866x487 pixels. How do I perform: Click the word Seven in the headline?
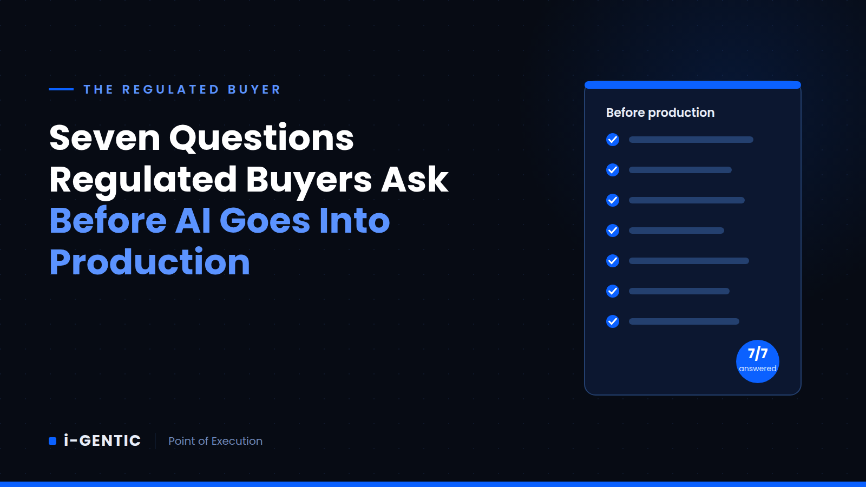105,137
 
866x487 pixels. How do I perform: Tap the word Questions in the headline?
261,137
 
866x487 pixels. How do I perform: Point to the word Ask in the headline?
415,179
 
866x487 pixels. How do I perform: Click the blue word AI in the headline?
193,220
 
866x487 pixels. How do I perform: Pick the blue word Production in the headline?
149,262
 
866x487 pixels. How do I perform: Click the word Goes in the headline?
265,220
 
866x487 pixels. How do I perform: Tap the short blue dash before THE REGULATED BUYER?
61,89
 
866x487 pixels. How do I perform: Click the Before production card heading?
660,113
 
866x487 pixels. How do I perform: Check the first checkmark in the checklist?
613,140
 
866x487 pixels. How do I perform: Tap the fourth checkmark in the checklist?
613,231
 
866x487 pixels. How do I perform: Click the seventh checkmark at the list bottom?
613,321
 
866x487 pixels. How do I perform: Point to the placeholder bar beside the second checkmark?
680,170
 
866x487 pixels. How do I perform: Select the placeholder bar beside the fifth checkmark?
689,261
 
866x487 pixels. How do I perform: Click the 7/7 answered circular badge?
758,361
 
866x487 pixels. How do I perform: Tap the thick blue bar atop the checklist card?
693,84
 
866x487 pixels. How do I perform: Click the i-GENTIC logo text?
102,440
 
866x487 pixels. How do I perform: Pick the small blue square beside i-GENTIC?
53,441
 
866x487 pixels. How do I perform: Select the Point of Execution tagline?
215,441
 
